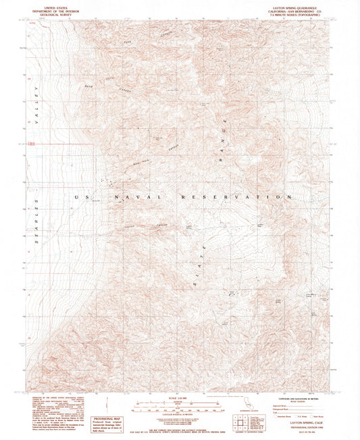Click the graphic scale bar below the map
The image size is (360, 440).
tap(179, 406)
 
